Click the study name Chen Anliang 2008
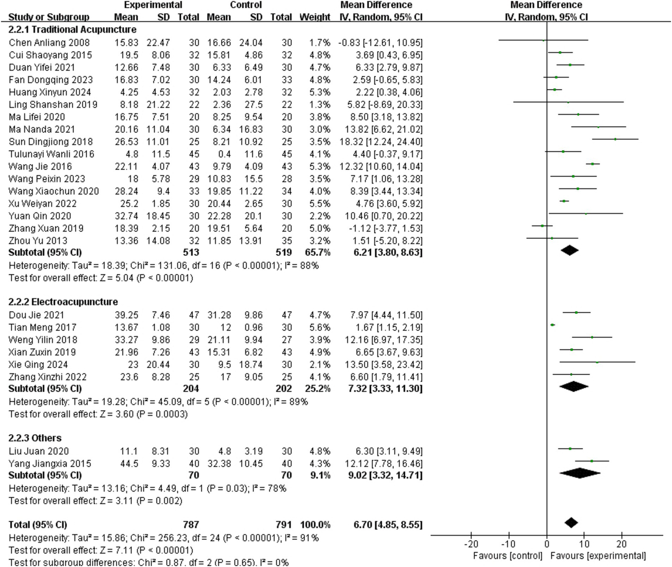click(x=49, y=43)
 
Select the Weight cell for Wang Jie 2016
click(x=320, y=167)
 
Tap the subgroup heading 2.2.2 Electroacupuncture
click(x=63, y=302)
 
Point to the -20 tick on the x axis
click(x=471, y=544)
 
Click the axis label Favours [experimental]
click(x=598, y=556)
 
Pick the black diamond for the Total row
click(x=571, y=523)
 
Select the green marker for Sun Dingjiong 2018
click(x=615, y=139)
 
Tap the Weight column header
click(x=315, y=17)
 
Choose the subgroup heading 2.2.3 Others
click(x=35, y=438)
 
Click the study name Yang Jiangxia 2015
click(x=50, y=464)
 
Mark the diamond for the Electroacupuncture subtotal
click(x=574, y=386)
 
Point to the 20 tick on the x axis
click(x=622, y=544)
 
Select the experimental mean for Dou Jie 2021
click(x=127, y=315)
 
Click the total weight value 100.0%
click(x=315, y=525)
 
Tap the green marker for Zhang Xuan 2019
click(x=542, y=226)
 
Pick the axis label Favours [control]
click(x=508, y=556)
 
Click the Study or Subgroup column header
click(x=49, y=17)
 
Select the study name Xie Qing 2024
click(x=38, y=365)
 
